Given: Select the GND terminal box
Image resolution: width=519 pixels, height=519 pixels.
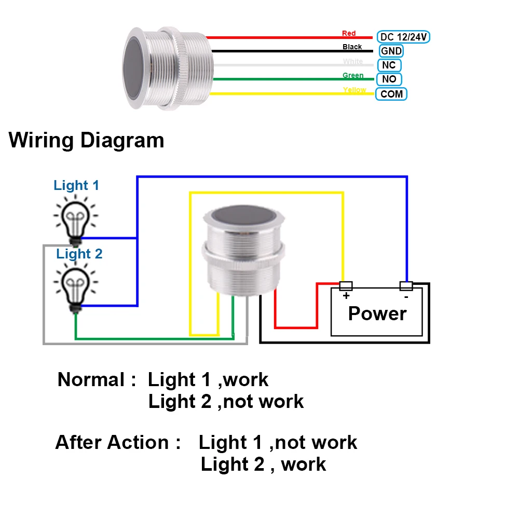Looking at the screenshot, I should (391, 51).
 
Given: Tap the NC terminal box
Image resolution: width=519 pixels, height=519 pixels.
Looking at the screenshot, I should (389, 65).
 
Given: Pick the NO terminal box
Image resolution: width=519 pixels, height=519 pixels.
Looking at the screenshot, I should (389, 79).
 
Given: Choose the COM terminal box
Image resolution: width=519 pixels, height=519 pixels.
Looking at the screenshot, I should (391, 94).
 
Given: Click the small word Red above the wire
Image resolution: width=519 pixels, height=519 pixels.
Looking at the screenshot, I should (349, 33).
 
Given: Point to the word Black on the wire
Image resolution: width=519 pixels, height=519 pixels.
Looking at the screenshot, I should (352, 47).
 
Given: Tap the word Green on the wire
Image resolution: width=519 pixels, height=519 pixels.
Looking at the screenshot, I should (353, 75).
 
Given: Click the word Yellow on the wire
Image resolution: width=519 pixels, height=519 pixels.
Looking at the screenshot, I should (354, 90).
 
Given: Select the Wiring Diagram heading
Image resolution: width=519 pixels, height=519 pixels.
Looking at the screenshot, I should (87, 140).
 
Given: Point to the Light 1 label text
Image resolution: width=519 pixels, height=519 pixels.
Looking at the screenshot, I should (76, 185).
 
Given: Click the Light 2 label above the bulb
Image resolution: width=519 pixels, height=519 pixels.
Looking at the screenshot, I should (79, 254).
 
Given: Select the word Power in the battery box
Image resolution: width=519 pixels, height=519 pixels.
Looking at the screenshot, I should (377, 313).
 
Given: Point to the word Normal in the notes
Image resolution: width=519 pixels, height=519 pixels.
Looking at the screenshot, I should (91, 379).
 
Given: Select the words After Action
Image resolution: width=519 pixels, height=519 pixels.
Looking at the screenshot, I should (112, 442).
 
